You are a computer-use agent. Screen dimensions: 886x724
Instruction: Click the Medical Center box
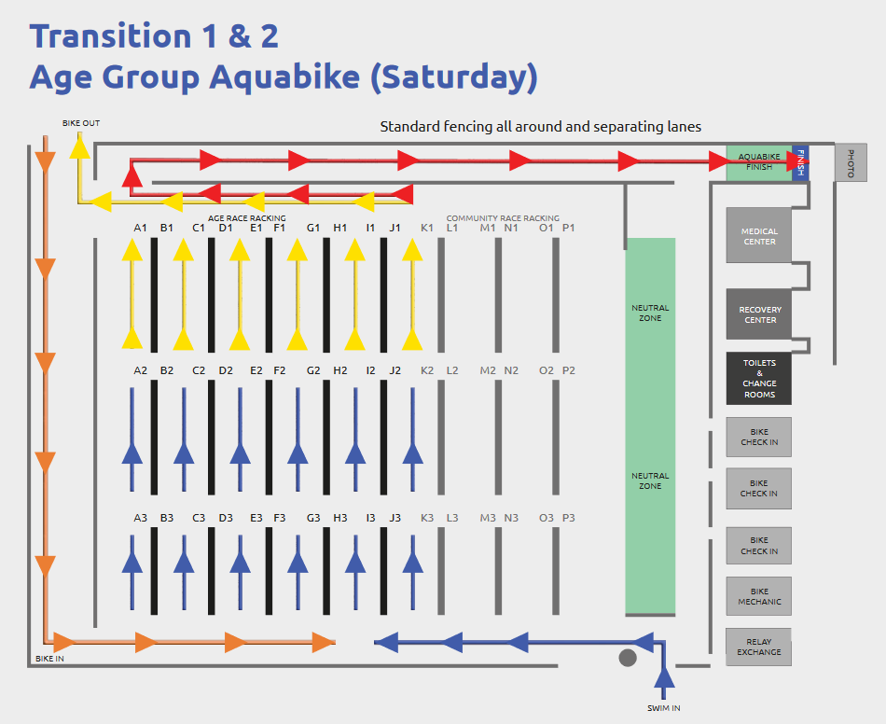tap(759, 235)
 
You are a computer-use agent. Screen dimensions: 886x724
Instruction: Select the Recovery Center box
tap(759, 314)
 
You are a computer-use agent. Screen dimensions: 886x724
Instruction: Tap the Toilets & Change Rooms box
tap(759, 378)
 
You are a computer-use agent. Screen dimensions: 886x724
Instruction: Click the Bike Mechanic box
tap(759, 596)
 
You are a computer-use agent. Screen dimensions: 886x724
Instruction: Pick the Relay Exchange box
tap(759, 647)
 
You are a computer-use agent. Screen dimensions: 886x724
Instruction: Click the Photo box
tap(851, 162)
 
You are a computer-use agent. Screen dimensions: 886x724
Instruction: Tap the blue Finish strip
tap(801, 163)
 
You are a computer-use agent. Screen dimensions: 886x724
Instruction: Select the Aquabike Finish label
tap(759, 161)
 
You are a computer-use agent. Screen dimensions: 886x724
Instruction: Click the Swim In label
tap(664, 708)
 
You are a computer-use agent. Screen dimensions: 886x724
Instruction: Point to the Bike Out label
tap(81, 123)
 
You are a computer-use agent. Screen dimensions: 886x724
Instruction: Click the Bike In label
tap(49, 659)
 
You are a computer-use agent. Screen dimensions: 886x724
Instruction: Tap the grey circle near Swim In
tap(628, 658)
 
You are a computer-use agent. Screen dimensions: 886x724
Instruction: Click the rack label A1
tap(140, 228)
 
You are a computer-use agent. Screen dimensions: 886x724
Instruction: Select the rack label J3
tap(395, 518)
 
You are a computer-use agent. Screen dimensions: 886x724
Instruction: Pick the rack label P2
tap(569, 370)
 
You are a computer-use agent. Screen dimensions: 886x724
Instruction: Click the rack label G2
tap(313, 370)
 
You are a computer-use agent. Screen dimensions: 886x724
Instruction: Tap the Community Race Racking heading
tap(503, 218)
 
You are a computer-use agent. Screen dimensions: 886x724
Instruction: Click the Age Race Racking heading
tap(247, 218)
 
